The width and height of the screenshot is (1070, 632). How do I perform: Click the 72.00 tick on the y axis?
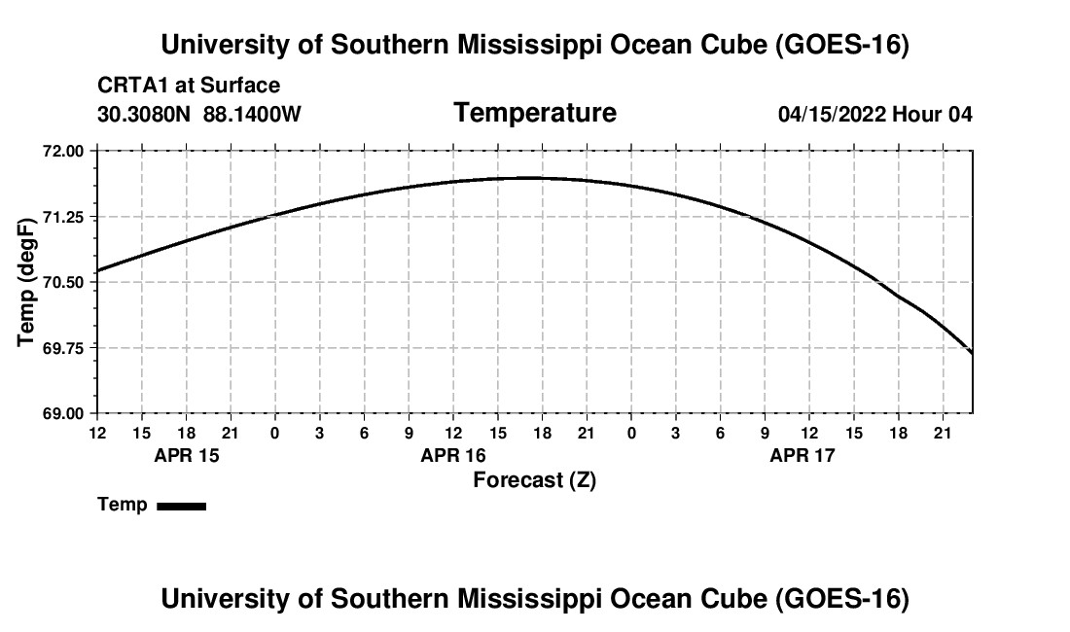[64, 151]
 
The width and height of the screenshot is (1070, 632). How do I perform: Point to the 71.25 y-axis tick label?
[64, 217]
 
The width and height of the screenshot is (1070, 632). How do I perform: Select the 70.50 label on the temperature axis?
[64, 282]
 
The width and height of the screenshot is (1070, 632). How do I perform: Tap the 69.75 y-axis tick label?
[64, 348]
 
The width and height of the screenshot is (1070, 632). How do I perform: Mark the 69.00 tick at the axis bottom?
[64, 413]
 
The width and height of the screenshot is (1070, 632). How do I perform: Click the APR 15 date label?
[187, 455]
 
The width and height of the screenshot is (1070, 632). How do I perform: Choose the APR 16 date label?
[453, 455]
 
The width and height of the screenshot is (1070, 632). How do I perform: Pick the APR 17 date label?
[802, 455]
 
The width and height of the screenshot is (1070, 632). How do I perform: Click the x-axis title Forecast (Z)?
[535, 480]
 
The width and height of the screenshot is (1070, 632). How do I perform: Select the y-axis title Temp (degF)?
[26, 282]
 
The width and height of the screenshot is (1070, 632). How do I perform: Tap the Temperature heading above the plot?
[535, 113]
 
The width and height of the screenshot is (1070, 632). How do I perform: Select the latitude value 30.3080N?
[144, 114]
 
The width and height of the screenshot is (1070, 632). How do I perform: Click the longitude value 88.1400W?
[252, 114]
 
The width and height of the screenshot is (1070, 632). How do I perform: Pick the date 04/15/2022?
[833, 114]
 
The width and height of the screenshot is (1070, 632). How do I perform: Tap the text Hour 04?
[932, 114]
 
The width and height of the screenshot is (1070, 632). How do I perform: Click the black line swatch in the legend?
[182, 506]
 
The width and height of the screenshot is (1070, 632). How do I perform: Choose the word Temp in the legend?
[123, 505]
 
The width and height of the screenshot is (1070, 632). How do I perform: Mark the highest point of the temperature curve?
[527, 178]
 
